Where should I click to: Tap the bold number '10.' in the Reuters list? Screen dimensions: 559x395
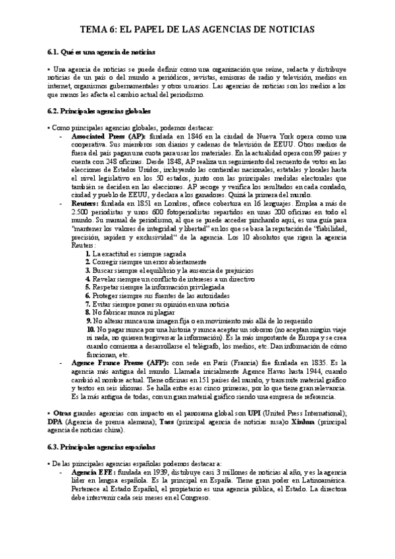pyautogui.click(x=91, y=329)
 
